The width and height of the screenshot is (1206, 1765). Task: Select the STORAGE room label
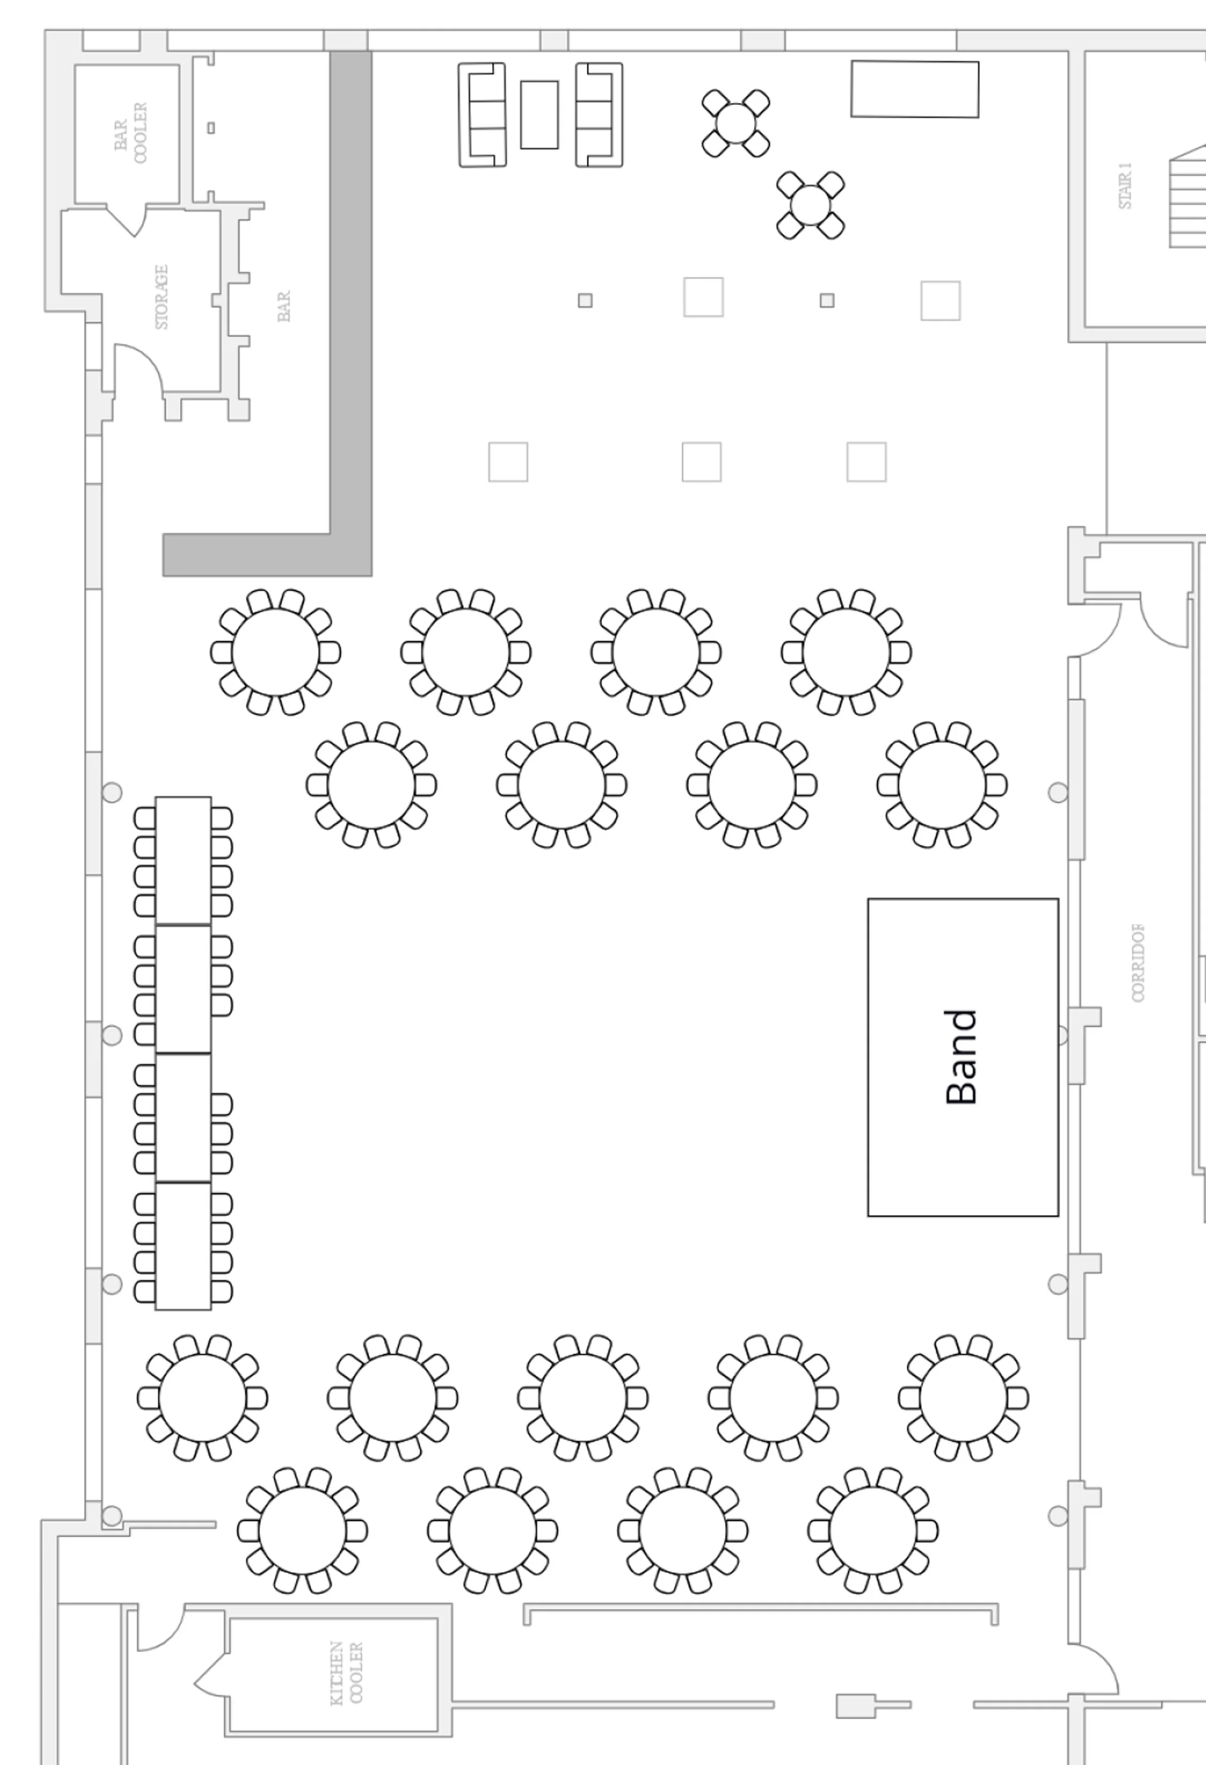[x=162, y=297]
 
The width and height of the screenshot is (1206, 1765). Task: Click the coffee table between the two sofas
[x=539, y=114]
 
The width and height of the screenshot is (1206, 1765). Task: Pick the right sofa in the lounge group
[x=599, y=114]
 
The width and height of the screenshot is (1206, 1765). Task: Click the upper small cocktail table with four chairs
[x=735, y=123]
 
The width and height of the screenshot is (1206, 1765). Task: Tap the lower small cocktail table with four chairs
[x=810, y=205]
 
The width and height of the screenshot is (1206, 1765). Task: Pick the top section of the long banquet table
[x=183, y=861]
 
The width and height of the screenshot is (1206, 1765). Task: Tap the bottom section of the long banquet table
[x=183, y=1246]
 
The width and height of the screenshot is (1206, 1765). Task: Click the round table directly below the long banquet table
[x=203, y=1398]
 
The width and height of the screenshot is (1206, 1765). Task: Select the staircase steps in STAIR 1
[x=1188, y=197]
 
